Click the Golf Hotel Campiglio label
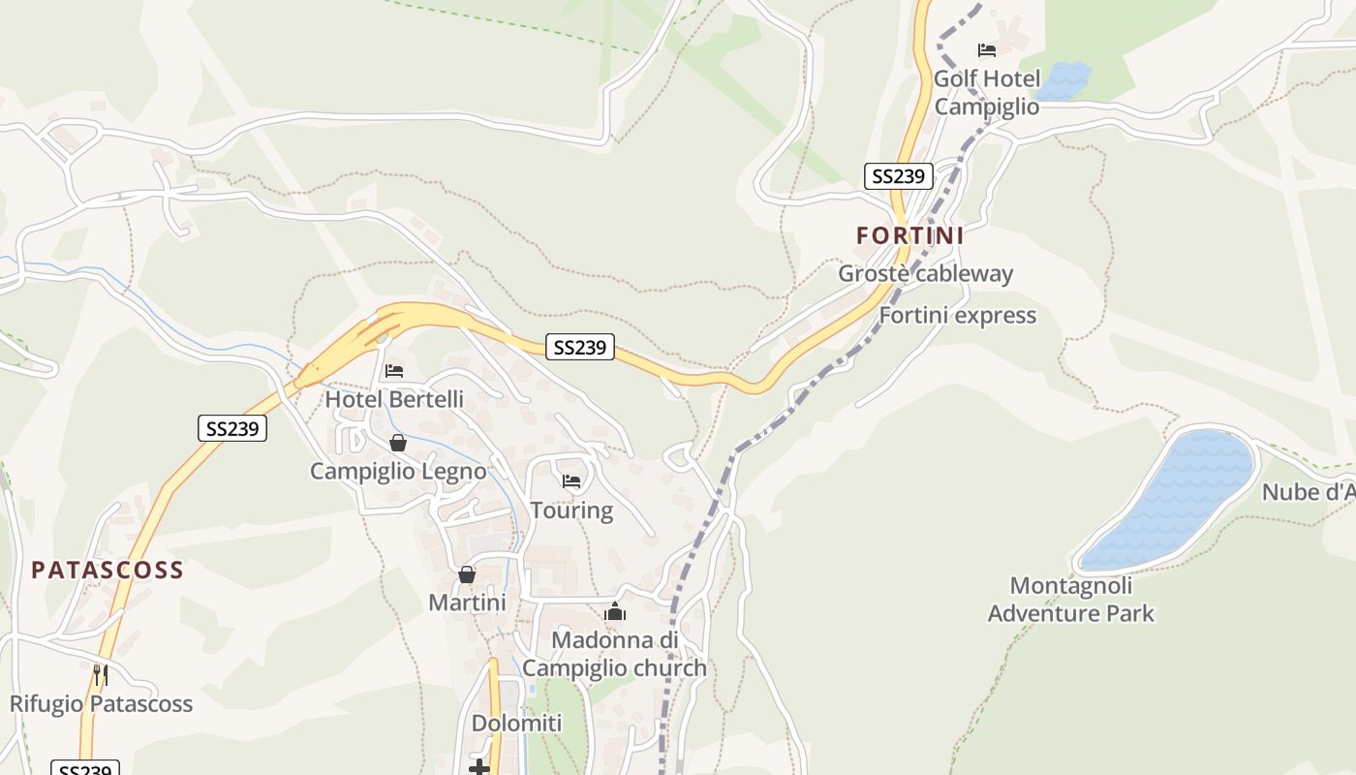point(987,92)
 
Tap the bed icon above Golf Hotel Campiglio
point(987,50)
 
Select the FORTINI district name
point(909,235)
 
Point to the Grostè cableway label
point(925,273)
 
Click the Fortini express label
point(957,316)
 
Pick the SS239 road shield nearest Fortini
point(898,176)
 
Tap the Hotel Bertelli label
point(394,399)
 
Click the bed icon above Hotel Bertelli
point(393,370)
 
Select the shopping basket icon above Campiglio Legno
point(397,443)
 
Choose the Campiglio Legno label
point(398,472)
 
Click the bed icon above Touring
point(571,481)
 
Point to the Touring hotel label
point(571,511)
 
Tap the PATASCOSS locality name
point(108,570)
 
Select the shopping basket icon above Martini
point(467,574)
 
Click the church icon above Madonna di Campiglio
point(614,611)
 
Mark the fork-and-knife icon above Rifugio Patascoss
point(100,673)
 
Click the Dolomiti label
point(516,724)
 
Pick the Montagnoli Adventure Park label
point(1071,600)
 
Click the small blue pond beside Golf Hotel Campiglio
point(1063,80)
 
